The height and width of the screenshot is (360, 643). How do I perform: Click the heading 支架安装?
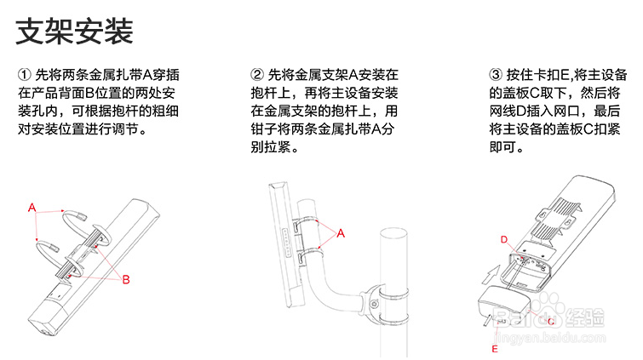coord(75,33)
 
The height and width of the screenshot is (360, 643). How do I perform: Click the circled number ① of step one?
coord(24,74)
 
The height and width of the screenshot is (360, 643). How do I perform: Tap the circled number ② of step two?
coord(258,74)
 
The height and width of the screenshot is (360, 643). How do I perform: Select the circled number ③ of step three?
coord(497,74)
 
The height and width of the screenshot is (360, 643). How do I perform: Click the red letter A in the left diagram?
coord(32,207)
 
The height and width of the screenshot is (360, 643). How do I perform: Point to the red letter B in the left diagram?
coord(125,279)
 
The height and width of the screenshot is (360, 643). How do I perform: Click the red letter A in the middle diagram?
coord(342,232)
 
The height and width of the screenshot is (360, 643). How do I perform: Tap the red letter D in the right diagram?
coord(503,239)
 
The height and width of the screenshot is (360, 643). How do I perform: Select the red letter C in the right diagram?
coord(551,322)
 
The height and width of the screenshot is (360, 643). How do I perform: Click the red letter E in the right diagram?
coord(494,349)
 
